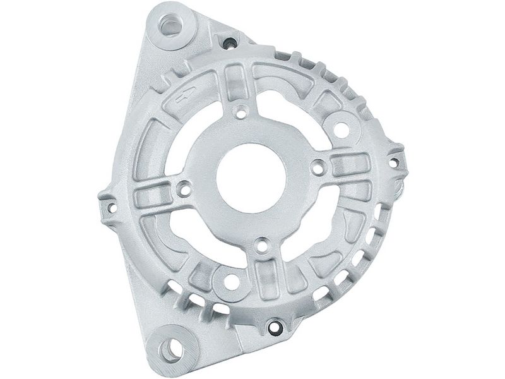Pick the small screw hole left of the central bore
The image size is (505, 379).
(184, 188)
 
